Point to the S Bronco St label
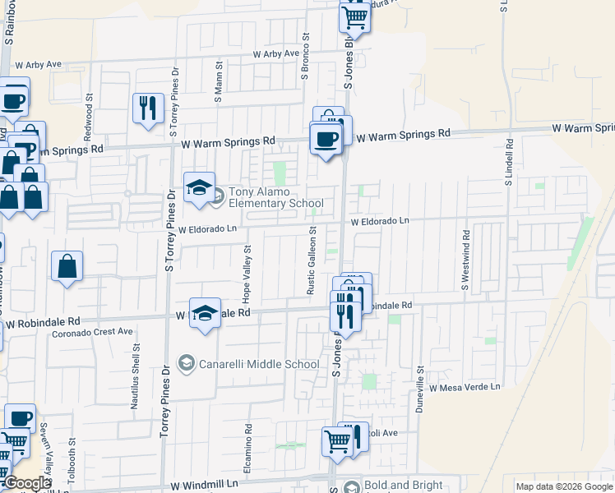(x=304, y=57)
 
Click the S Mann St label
(x=219, y=80)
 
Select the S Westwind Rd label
(x=465, y=266)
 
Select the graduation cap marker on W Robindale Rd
(x=206, y=312)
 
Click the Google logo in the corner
(x=26, y=483)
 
